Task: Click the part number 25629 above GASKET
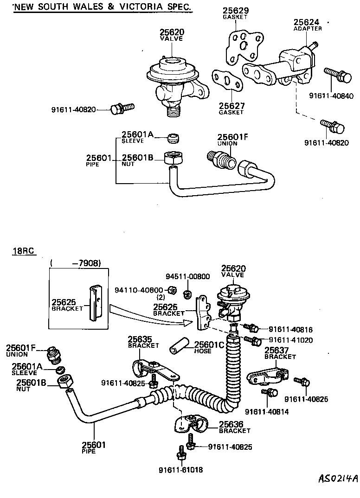[x=235, y=10]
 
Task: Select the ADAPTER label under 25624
[x=308, y=28]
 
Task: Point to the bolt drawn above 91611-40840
[x=336, y=75]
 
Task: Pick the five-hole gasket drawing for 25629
[x=242, y=45]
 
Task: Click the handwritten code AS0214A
[x=338, y=479]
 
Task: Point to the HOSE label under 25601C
[x=203, y=351]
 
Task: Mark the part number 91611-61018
[x=181, y=469]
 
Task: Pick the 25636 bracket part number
[x=231, y=424]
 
